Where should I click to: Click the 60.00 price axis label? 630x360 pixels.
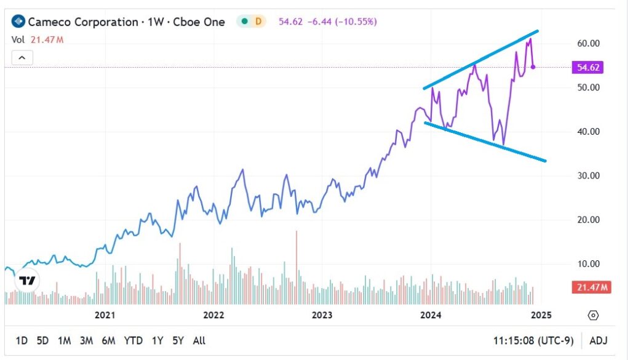pyautogui.click(x=588, y=43)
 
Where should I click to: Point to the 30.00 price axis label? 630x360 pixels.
pyautogui.click(x=588, y=175)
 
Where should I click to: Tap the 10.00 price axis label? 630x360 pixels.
pyautogui.click(x=588, y=263)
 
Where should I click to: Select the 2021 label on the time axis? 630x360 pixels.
pyautogui.click(x=105, y=315)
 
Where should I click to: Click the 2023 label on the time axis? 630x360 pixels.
pyautogui.click(x=322, y=315)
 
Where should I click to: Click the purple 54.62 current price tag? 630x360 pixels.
pyautogui.click(x=587, y=67)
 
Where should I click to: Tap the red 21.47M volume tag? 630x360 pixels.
pyautogui.click(x=590, y=287)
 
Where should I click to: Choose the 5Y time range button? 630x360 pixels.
pyautogui.click(x=178, y=340)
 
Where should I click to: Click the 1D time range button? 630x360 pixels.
pyautogui.click(x=22, y=340)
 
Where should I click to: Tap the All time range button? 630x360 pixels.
pyautogui.click(x=199, y=340)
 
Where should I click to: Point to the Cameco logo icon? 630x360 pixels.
pyautogui.click(x=18, y=22)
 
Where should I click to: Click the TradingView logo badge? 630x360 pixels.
pyautogui.click(x=26, y=281)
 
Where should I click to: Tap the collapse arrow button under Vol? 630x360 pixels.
pyautogui.click(x=22, y=58)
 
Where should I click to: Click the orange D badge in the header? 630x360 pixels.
pyautogui.click(x=258, y=22)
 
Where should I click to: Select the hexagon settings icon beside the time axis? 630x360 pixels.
pyautogui.click(x=593, y=315)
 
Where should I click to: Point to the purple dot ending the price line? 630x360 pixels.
pyautogui.click(x=533, y=66)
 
